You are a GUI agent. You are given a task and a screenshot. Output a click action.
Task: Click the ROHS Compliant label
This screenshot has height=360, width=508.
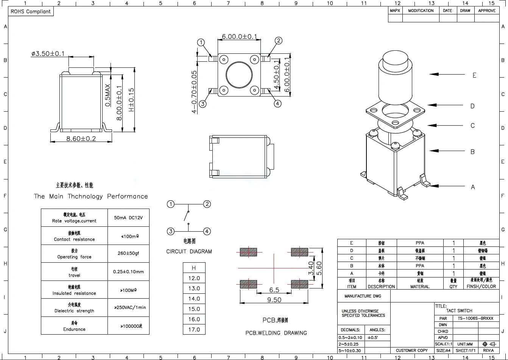point(30,12)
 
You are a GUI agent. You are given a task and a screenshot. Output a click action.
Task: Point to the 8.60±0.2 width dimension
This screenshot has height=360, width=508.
point(81,139)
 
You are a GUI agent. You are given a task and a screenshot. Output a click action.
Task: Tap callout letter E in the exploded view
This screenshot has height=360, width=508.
point(474,75)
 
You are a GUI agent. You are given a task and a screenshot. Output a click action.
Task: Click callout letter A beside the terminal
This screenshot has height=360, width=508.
point(472,187)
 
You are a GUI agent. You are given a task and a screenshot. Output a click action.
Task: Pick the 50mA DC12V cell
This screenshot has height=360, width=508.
point(128,218)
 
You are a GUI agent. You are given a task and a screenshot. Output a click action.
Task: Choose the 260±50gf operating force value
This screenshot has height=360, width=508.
point(128,253)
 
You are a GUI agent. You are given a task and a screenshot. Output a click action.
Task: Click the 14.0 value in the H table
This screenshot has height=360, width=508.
point(194,299)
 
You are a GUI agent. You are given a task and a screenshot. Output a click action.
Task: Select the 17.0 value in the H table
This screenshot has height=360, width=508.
point(194,329)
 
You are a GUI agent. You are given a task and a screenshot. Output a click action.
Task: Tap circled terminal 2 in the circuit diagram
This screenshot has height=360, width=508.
point(207,204)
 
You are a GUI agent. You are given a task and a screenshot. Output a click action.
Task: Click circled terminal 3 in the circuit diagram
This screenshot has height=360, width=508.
point(171,231)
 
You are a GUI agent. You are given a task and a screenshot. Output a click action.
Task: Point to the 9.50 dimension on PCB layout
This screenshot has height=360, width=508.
point(274,299)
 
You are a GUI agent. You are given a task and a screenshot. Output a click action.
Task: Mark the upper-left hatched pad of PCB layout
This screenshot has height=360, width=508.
point(248,252)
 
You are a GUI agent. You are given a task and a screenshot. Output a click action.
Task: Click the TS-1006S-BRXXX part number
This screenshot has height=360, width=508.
point(475,318)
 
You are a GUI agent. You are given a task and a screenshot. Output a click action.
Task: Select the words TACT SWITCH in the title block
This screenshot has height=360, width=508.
point(459,310)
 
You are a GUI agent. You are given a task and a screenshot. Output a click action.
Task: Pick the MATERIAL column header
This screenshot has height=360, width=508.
point(420,287)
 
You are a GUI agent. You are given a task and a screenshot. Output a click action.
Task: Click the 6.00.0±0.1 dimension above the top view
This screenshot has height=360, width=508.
point(239,37)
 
